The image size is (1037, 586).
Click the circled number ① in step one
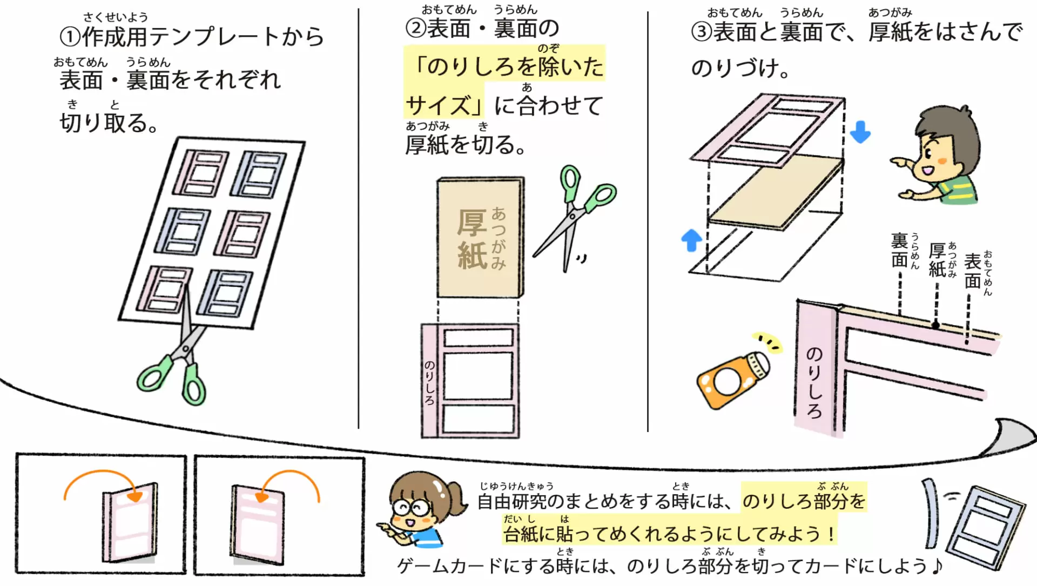(70, 37)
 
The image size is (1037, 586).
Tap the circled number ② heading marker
(416, 28)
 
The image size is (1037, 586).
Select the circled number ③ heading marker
(702, 32)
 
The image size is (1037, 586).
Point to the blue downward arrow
(860, 132)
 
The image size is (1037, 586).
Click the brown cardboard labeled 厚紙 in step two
(480, 238)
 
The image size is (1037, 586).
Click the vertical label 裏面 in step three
(899, 250)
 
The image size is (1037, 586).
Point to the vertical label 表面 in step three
(972, 271)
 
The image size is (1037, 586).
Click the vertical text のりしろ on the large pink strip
(814, 382)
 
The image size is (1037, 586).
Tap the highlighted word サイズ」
(443, 105)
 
